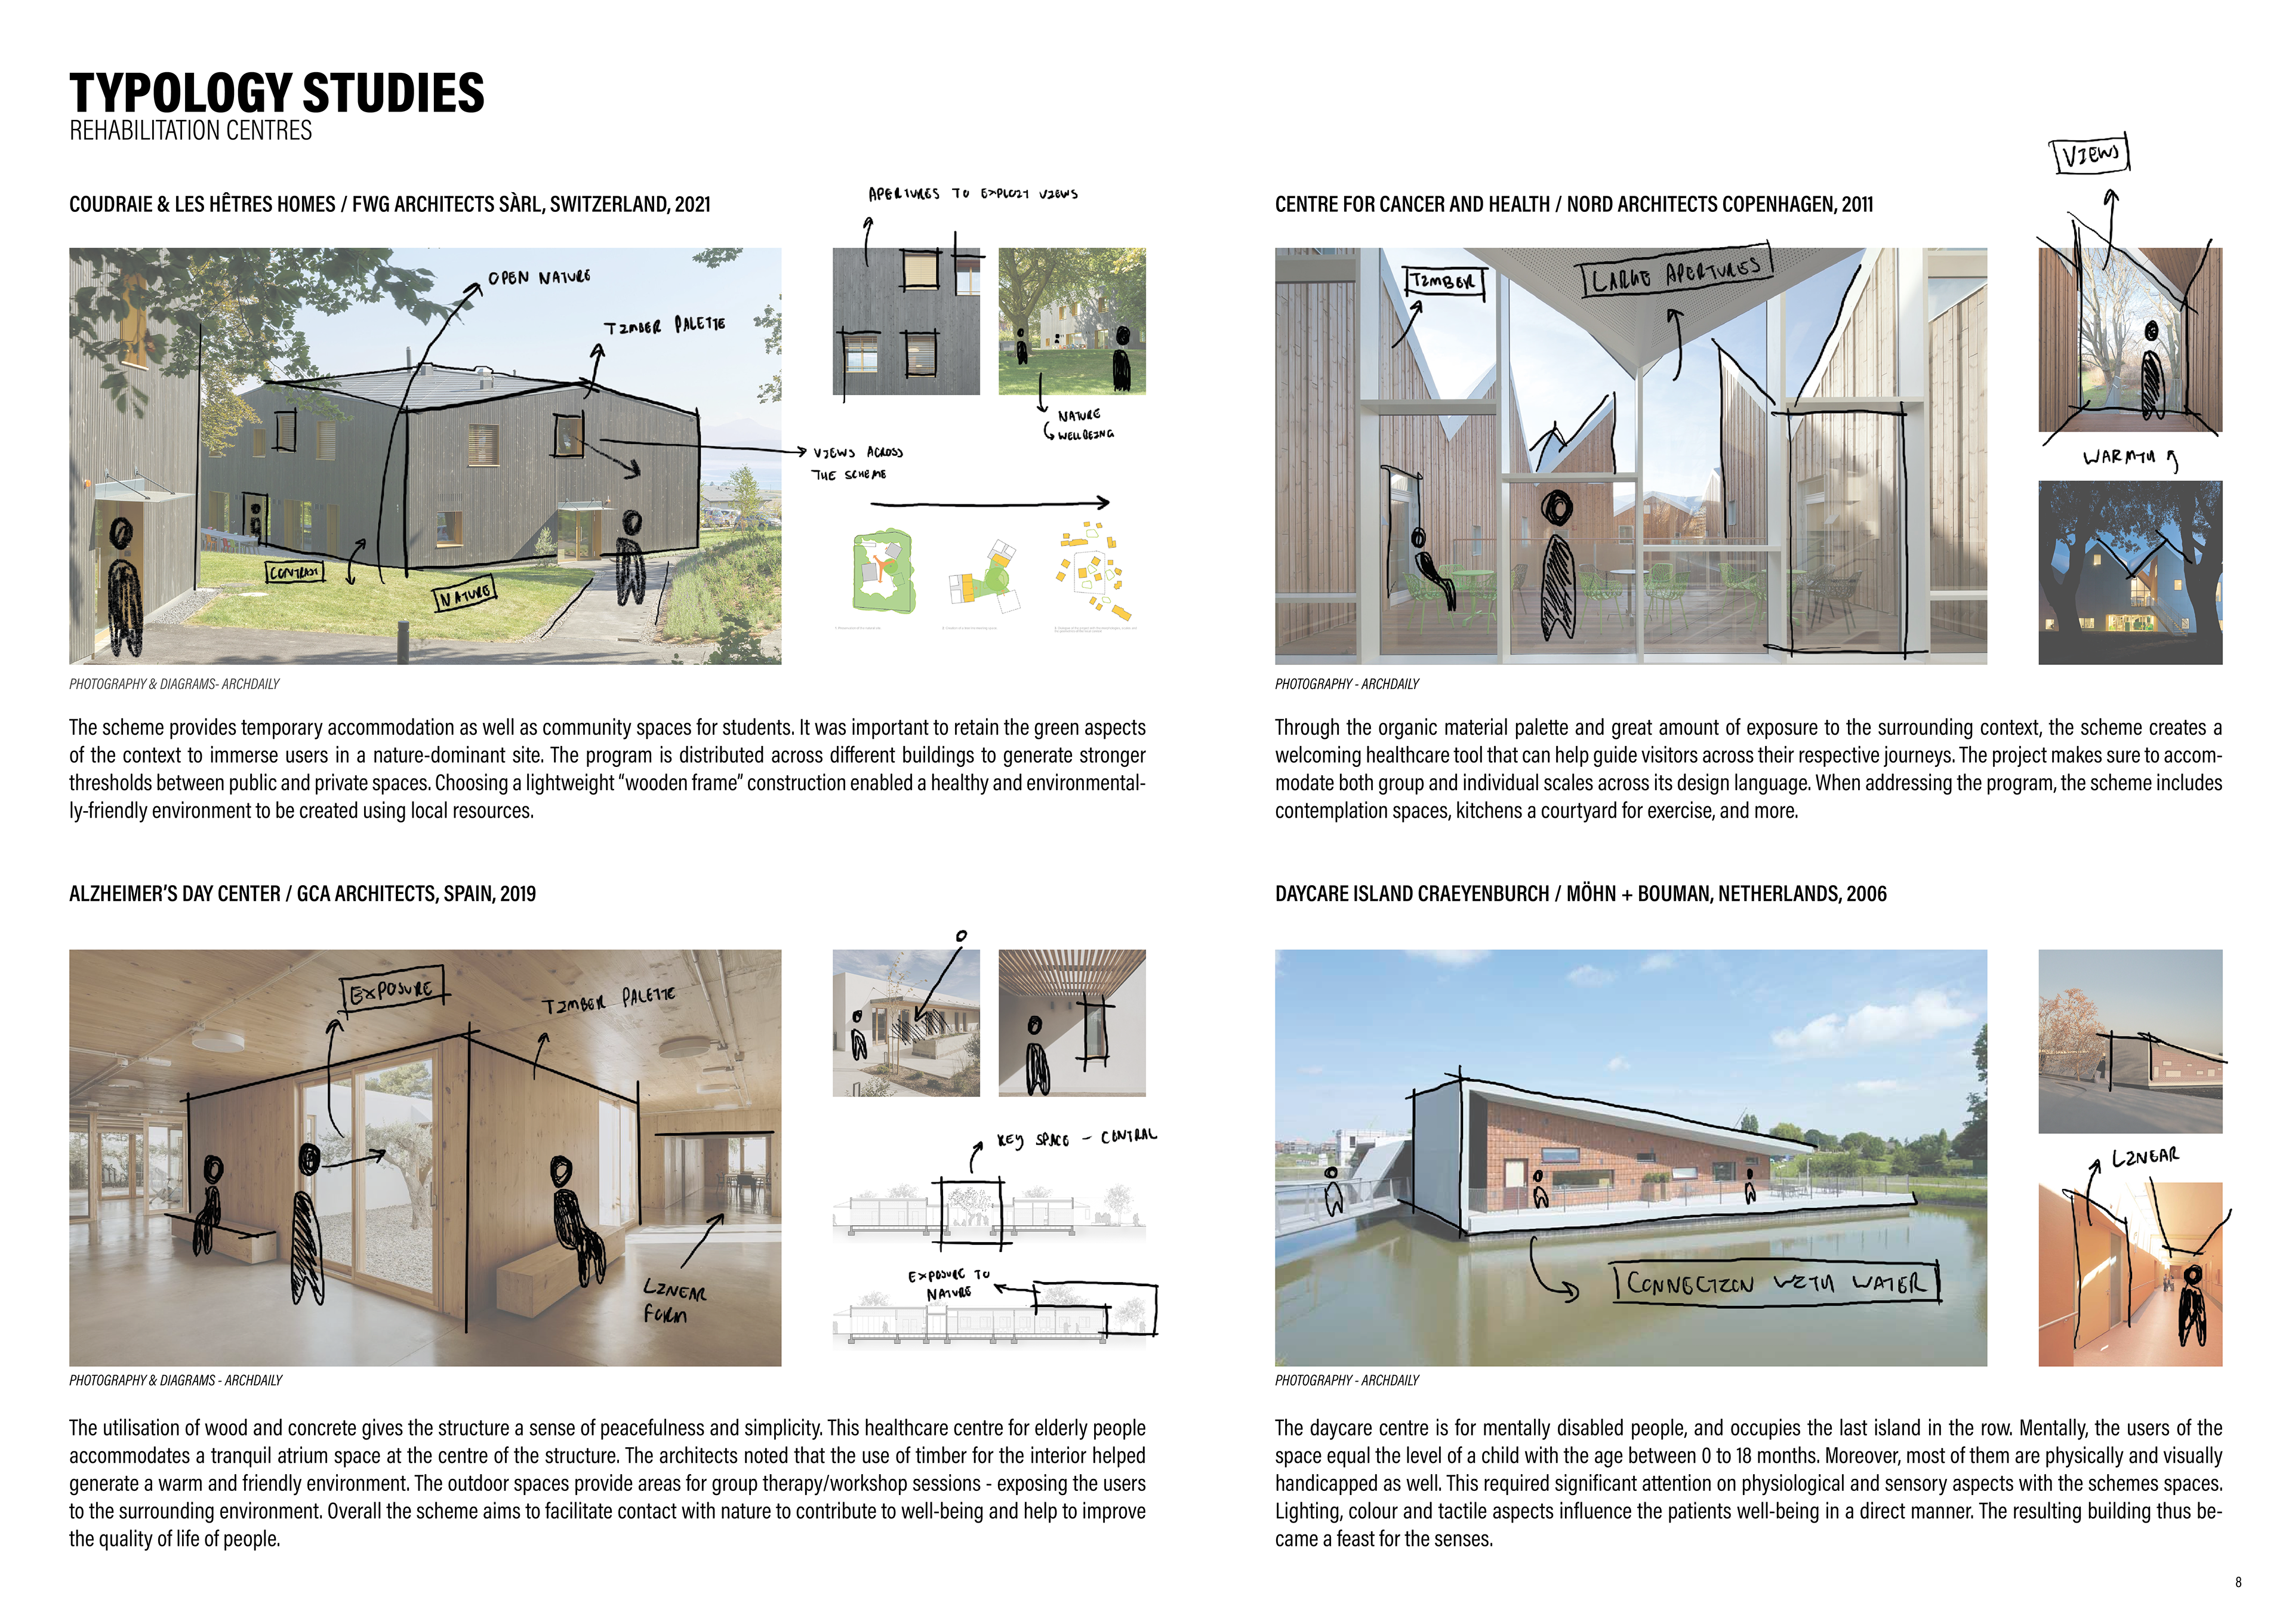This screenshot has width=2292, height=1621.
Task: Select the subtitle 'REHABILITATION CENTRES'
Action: tap(190, 131)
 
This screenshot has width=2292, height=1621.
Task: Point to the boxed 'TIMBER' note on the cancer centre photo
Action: tap(1443, 282)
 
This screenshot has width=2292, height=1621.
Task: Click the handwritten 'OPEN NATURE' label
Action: tap(539, 278)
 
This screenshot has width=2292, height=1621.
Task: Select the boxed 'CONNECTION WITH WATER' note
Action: tap(1776, 1283)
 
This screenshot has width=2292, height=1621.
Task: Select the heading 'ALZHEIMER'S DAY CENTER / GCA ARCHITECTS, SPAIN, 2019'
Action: tap(303, 894)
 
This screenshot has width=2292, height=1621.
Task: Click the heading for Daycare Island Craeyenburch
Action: tap(1581, 894)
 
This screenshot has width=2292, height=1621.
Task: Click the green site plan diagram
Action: tap(882, 571)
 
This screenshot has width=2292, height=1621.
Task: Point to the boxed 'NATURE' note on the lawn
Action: tap(464, 596)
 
